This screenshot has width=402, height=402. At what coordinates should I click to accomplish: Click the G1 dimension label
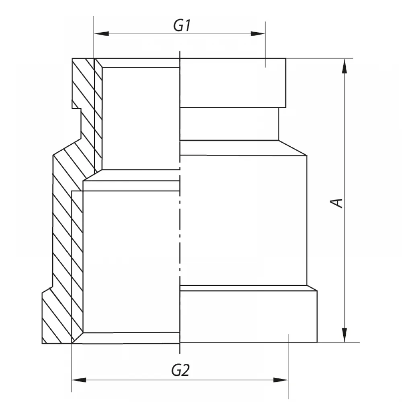pos(182,26)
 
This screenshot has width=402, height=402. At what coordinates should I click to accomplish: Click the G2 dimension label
pos(180,370)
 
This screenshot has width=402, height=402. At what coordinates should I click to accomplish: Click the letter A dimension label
pos(336,203)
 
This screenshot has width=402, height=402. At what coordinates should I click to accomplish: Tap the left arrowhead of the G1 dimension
pos(101,34)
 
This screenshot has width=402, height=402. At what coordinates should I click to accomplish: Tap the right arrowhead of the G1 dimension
pos(258,34)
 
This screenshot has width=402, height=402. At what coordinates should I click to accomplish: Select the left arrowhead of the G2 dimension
pos(79,380)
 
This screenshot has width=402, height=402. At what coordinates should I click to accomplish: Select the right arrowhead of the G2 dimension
pos(281,380)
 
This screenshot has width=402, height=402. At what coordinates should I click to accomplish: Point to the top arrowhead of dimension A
pos(345,66)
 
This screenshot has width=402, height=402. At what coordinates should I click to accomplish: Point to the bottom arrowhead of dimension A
pos(345,335)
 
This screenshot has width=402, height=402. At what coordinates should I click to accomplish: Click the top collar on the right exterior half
pos(233,83)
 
